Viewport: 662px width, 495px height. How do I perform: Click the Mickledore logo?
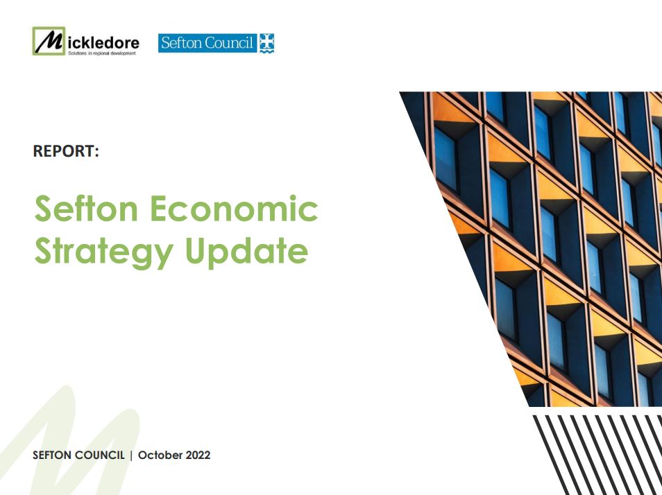86,41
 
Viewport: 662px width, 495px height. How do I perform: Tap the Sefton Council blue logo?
217,43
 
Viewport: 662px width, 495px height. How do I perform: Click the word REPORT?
66,151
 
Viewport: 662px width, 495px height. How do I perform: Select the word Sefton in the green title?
86,208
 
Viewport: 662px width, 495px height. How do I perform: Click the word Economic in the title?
234,208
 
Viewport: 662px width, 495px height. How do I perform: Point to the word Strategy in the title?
104,251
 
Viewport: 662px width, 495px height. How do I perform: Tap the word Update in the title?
246,251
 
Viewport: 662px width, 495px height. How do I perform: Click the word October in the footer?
160,455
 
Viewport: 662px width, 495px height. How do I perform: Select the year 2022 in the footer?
198,455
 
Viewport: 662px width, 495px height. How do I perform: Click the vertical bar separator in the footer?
131,455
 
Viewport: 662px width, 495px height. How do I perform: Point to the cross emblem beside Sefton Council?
267,43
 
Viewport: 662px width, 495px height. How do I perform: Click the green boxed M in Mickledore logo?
49,41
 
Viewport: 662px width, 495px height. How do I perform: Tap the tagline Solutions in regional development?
102,53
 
